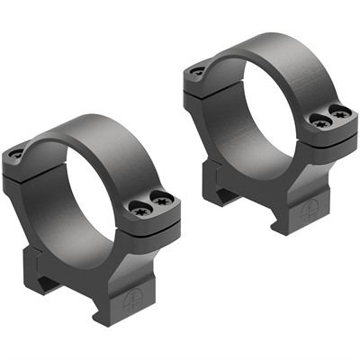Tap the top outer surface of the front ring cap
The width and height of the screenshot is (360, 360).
pos(99,130)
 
